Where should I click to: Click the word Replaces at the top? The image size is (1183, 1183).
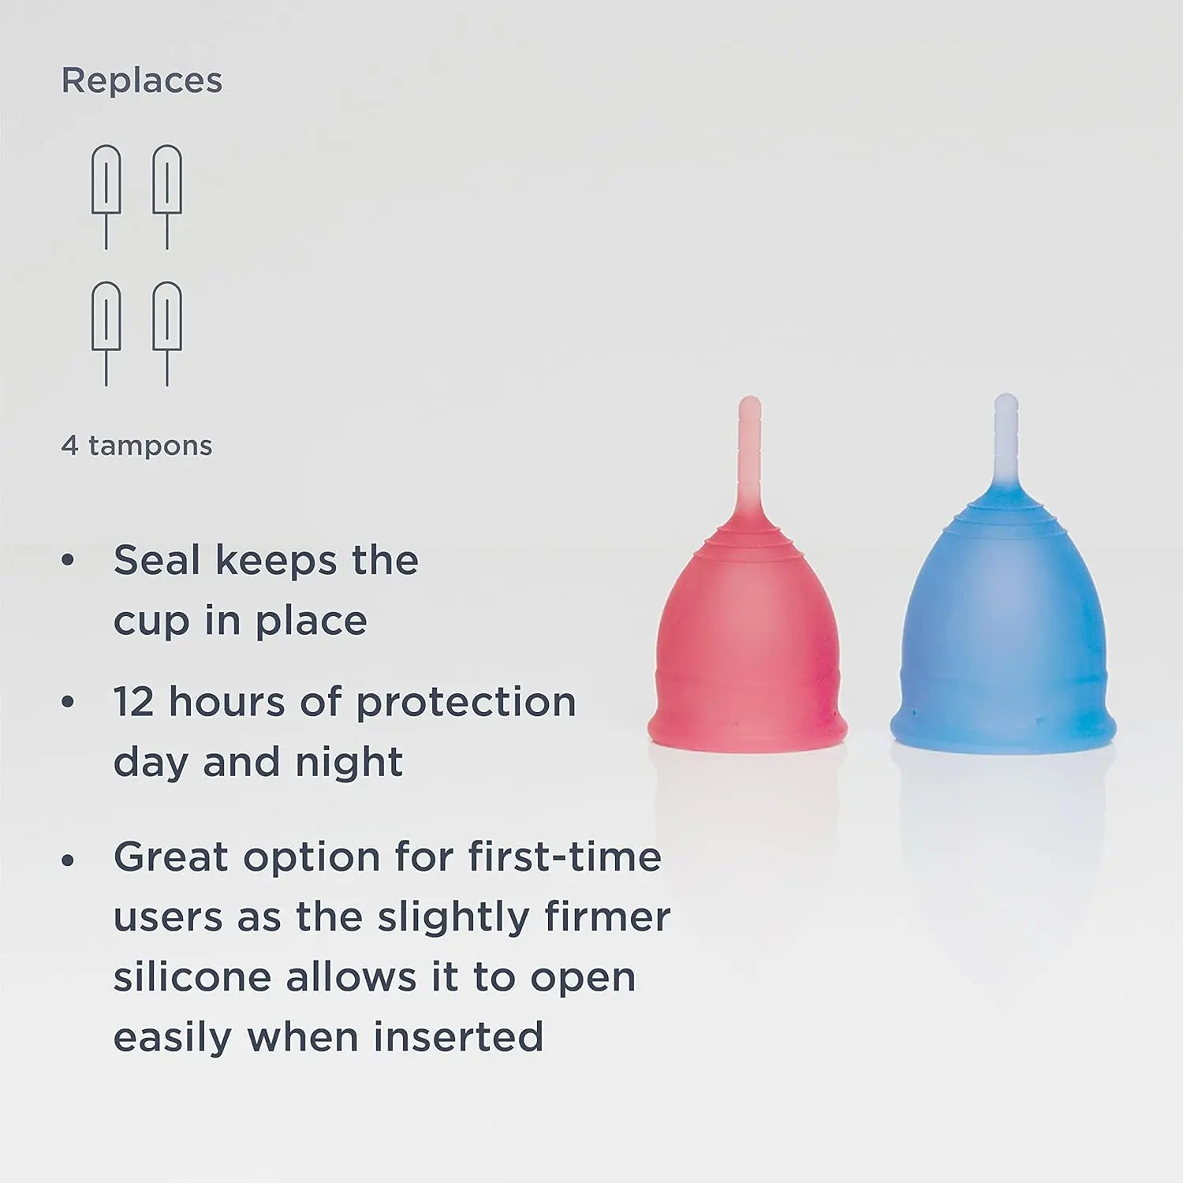(142, 80)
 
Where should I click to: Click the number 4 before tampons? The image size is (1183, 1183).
(69, 446)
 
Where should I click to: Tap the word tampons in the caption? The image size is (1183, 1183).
(150, 446)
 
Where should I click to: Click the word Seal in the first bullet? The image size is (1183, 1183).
(157, 561)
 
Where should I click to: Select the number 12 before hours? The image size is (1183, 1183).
(133, 702)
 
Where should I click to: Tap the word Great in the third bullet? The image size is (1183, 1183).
(169, 857)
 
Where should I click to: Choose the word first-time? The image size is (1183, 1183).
(565, 857)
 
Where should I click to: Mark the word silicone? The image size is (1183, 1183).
(192, 978)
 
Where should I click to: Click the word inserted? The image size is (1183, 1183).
(458, 1037)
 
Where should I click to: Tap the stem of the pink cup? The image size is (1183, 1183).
(751, 457)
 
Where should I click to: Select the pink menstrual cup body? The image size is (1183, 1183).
(746, 647)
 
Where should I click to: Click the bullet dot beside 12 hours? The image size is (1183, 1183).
(68, 702)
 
